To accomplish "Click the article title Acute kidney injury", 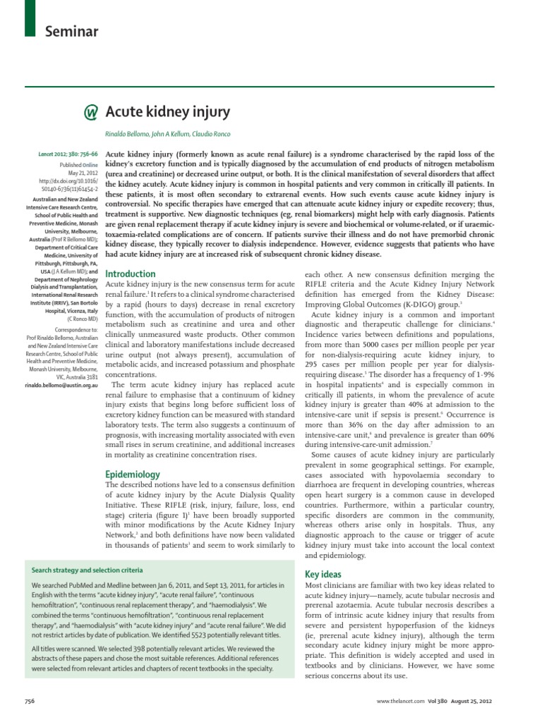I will [167, 112].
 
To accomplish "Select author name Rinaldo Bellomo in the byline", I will [129, 135].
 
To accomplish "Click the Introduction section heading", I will [131, 274].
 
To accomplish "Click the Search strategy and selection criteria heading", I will [88, 570].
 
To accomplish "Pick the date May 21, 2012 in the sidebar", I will [82, 173].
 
